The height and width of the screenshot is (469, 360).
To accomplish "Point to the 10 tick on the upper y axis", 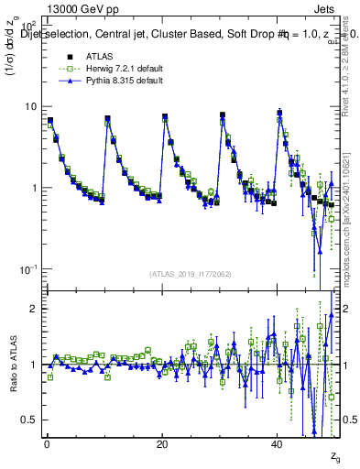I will click(x=31, y=107).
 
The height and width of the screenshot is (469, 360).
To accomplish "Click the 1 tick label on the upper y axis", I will click(x=34, y=188).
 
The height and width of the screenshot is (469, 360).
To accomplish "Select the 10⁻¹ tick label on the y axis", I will click(x=28, y=268).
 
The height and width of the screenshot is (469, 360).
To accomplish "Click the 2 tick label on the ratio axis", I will click(x=34, y=309).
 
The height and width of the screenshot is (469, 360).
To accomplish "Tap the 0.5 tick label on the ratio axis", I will click(x=30, y=420).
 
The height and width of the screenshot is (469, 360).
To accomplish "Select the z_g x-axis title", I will click(x=335, y=456).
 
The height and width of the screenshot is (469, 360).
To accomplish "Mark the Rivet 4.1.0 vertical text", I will click(x=350, y=64).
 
